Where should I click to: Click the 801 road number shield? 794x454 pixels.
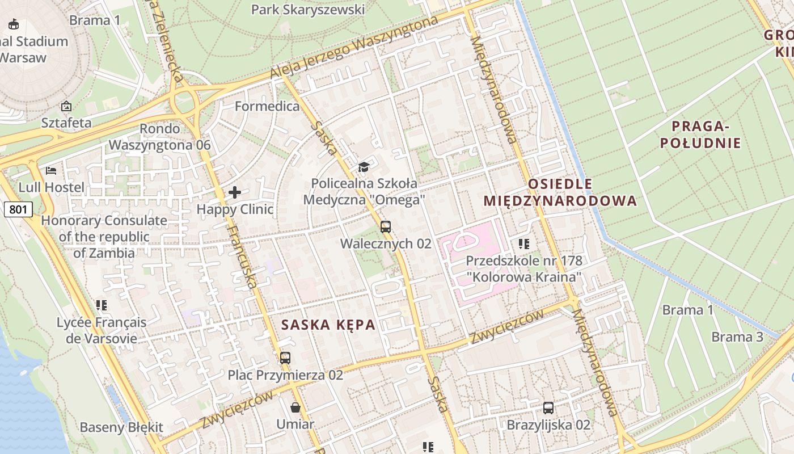click(x=18, y=209)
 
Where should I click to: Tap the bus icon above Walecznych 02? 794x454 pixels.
click(x=386, y=227)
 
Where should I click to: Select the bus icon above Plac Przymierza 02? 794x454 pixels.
click(x=285, y=358)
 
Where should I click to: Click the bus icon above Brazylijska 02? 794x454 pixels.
click(x=548, y=407)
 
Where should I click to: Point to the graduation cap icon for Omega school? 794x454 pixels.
click(x=364, y=167)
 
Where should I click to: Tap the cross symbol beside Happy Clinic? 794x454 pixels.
click(x=235, y=192)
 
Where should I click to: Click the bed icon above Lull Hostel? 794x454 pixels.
click(x=51, y=170)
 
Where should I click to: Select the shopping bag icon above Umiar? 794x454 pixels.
click(x=295, y=407)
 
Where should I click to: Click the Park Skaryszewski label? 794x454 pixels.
click(x=308, y=10)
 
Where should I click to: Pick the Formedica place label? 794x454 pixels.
click(x=267, y=106)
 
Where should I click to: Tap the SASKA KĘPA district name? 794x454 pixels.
click(x=328, y=325)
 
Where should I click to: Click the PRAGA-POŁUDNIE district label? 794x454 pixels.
click(x=700, y=134)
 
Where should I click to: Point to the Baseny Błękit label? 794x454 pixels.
click(x=121, y=427)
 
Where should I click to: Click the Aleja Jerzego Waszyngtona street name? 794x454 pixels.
click(x=354, y=48)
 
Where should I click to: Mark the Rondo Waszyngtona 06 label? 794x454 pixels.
click(x=159, y=137)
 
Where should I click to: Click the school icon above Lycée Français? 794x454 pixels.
click(x=102, y=305)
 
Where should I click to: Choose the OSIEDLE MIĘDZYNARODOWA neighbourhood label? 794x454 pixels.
click(x=560, y=192)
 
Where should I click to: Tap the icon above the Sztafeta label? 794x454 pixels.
click(x=66, y=106)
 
